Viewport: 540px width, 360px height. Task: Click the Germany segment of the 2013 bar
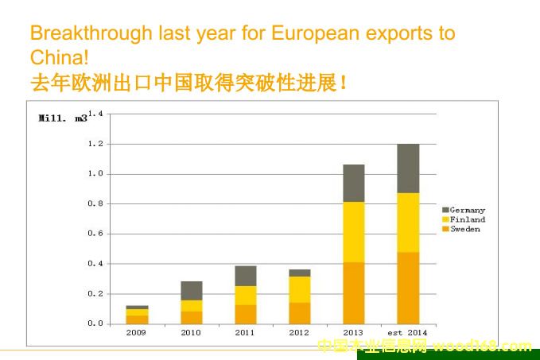[354, 183]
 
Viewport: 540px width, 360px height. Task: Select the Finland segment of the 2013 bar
[354, 232]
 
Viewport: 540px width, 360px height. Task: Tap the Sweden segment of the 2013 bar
[354, 292]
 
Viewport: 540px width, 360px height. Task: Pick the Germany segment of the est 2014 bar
[408, 168]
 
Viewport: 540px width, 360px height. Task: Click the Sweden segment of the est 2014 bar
[408, 288]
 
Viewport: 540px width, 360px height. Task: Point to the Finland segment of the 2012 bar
[300, 289]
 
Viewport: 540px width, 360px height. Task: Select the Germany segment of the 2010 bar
[191, 290]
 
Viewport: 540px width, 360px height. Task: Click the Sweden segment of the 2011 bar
[245, 314]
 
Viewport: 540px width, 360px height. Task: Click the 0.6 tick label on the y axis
[95, 234]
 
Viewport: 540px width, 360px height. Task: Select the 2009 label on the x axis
[137, 333]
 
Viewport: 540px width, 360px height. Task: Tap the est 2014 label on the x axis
[408, 333]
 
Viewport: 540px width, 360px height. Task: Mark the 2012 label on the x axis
[300, 333]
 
